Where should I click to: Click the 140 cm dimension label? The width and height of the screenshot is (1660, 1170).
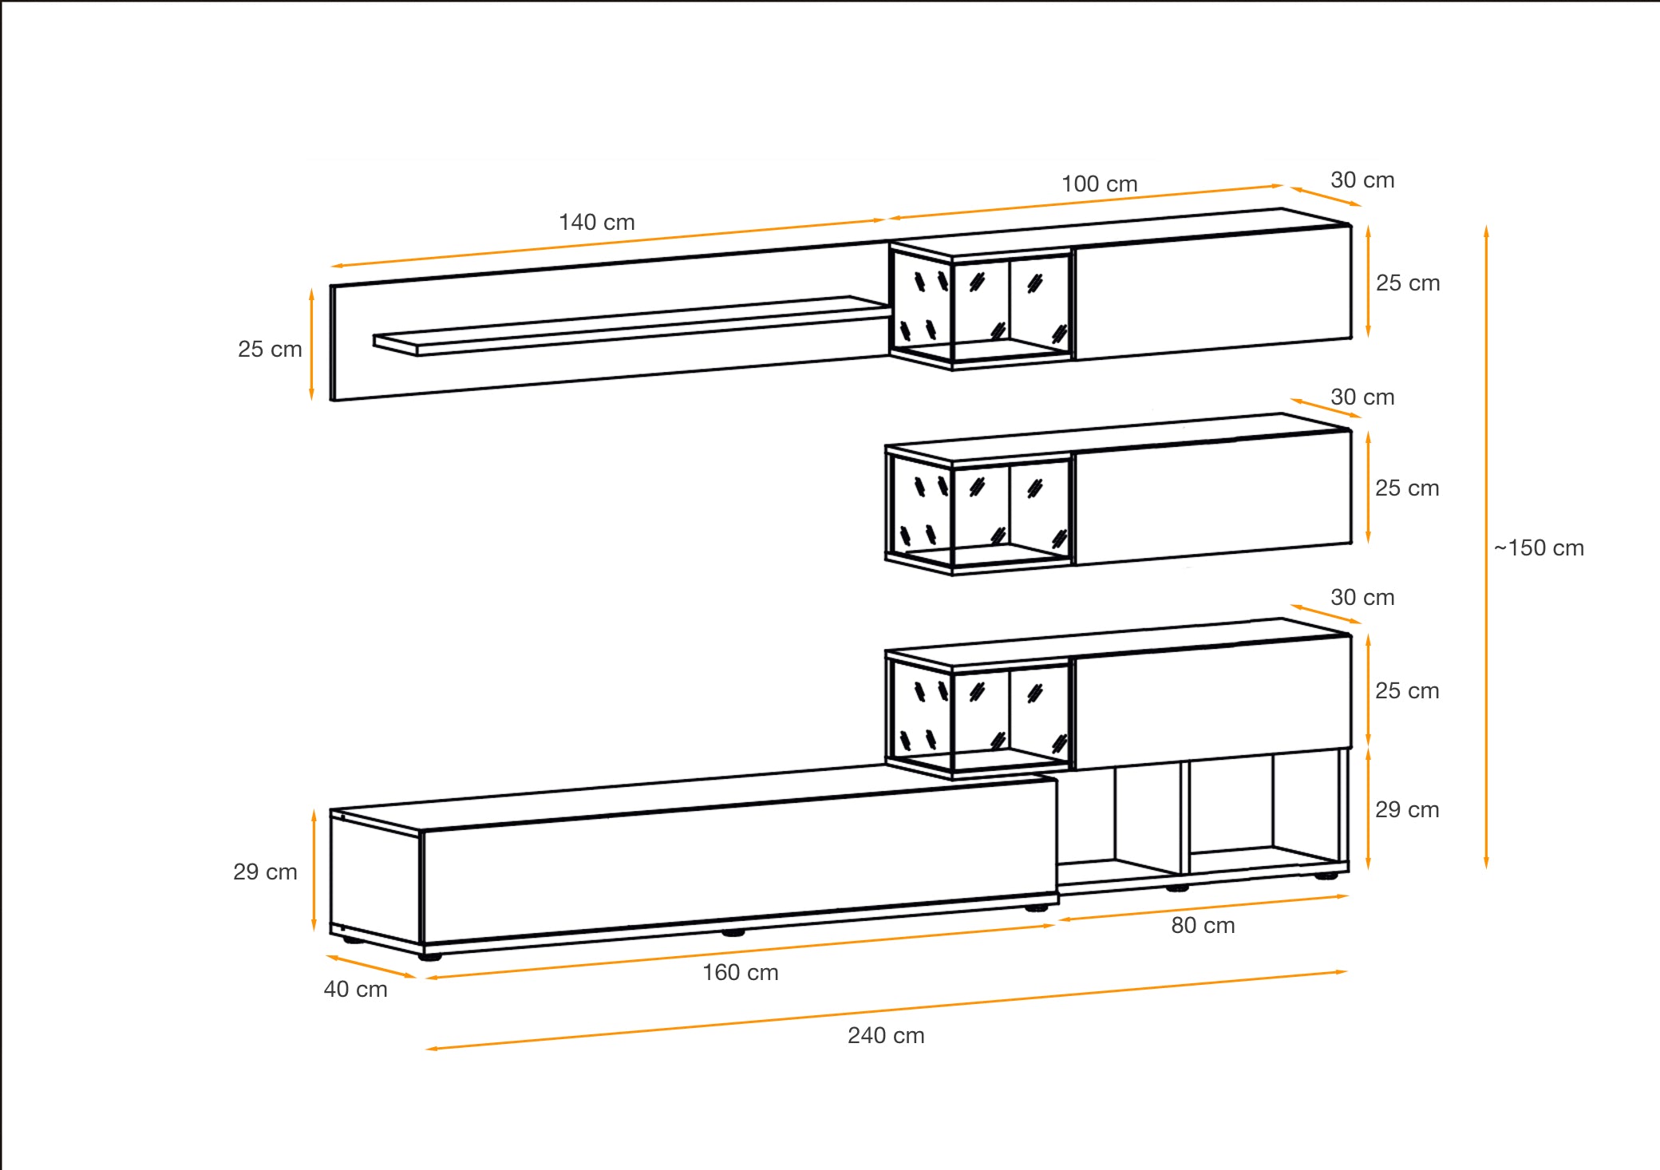pyautogui.click(x=596, y=223)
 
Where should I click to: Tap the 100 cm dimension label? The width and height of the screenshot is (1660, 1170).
pyautogui.click(x=1099, y=184)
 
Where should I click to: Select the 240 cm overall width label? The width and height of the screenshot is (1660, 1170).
pyautogui.click(x=886, y=1036)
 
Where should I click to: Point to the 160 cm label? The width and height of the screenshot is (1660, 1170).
pyautogui.click(x=740, y=973)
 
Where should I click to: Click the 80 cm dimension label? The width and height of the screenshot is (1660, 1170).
pyautogui.click(x=1203, y=926)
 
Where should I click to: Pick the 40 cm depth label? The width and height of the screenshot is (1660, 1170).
pyautogui.click(x=355, y=990)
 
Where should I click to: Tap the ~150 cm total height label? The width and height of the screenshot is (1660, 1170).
pyautogui.click(x=1539, y=548)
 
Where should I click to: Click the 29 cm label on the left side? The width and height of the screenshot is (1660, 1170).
pyautogui.click(x=265, y=872)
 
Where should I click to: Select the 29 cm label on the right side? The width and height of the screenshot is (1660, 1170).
pyautogui.click(x=1407, y=810)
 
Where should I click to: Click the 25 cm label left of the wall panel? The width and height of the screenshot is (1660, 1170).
pyautogui.click(x=270, y=350)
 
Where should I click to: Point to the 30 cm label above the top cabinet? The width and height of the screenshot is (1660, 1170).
pyautogui.click(x=1362, y=180)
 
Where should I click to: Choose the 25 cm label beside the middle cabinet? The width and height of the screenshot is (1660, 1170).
pyautogui.click(x=1407, y=488)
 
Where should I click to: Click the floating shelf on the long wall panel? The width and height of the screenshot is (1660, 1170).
pyautogui.click(x=630, y=327)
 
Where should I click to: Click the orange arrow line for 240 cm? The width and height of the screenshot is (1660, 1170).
pyautogui.click(x=886, y=1010)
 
